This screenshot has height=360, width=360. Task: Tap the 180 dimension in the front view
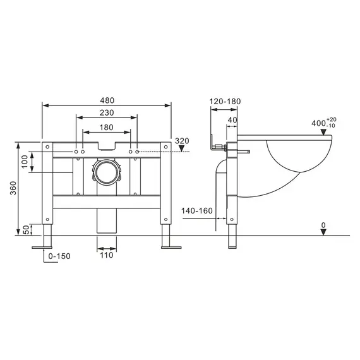[106, 127]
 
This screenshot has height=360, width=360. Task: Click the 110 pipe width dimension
[106, 256]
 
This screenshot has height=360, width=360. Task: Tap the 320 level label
[182, 141]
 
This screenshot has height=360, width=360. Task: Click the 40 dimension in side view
[232, 120]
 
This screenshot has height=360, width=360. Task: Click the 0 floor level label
[323, 224]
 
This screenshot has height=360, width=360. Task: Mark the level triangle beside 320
[182, 149]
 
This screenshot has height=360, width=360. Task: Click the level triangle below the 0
[323, 232]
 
